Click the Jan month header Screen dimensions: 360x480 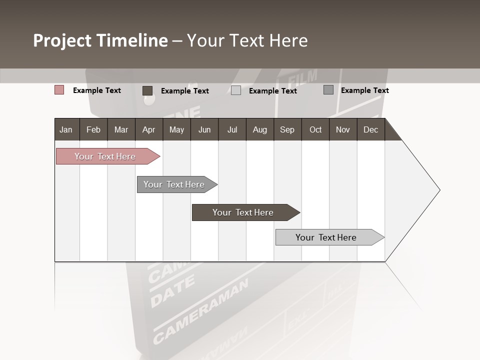[66, 129]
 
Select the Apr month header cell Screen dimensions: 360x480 [148, 129]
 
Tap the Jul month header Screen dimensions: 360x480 [232, 129]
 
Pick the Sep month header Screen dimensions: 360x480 [287, 129]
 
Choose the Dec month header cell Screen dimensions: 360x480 [370, 129]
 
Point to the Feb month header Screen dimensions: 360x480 [93, 129]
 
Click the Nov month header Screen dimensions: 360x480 [342, 129]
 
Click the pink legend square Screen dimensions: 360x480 [59, 90]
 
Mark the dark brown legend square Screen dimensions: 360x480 [147, 90]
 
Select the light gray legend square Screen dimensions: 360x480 [236, 90]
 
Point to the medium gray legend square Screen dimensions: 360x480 [328, 90]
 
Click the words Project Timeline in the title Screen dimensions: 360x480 [100, 40]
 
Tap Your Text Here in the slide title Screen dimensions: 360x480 [247, 40]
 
